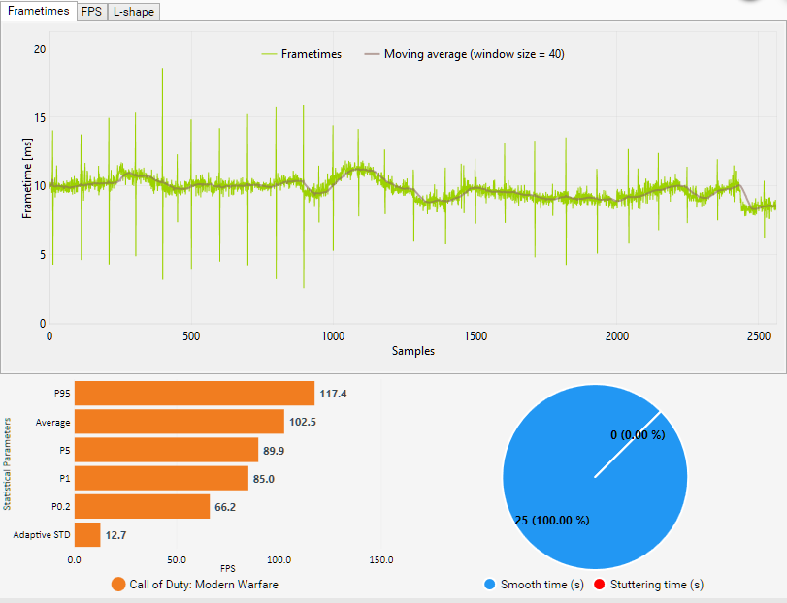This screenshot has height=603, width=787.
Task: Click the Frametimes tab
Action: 39,11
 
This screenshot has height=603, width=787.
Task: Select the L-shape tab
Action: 133,12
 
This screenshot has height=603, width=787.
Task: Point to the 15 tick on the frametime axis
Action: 39,117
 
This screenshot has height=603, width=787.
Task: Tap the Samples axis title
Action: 413,351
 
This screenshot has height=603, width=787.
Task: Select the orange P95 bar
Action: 194,393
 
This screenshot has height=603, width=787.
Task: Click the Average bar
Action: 179,422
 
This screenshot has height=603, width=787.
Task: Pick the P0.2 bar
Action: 142,507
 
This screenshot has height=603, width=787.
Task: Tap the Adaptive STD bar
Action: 87,535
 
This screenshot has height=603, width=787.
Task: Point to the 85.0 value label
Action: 264,479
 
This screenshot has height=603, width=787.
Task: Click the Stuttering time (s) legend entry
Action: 649,585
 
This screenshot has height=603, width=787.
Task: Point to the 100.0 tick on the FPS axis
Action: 279,559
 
